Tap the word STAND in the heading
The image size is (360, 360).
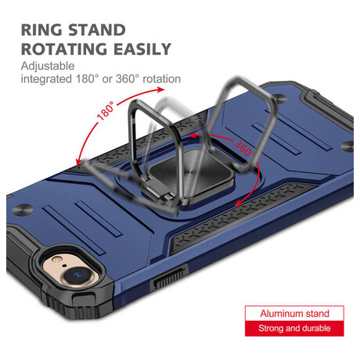point(97,30)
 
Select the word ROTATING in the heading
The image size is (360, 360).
point(64,49)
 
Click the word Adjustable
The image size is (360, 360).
point(48,66)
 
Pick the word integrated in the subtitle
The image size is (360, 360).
point(46,79)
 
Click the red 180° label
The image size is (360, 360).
point(106,110)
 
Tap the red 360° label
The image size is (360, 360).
point(243,148)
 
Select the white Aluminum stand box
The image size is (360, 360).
point(294,313)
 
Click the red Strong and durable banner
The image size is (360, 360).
point(294,329)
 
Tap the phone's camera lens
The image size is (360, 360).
point(78,275)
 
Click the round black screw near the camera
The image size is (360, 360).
point(23,210)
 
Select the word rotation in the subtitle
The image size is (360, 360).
point(162,79)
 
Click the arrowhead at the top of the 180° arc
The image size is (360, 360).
point(160,89)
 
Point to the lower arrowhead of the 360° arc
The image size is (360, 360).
point(239,203)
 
